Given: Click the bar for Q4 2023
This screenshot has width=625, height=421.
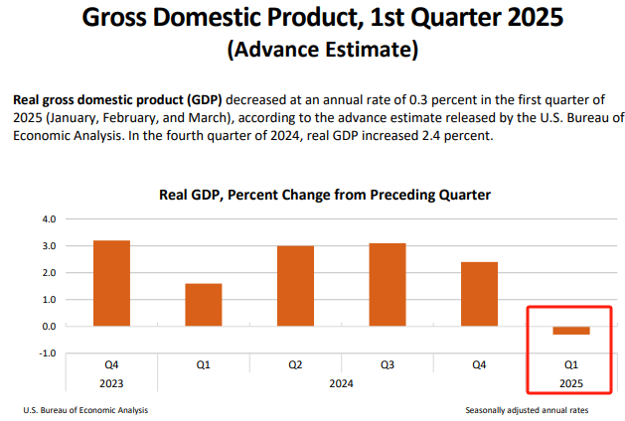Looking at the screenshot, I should pos(111,283).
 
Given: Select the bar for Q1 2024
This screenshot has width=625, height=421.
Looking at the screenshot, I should pos(203,305).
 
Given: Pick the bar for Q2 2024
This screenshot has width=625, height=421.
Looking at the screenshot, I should pos(295,286).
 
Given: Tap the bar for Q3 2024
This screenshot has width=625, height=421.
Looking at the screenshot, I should pos(387,285).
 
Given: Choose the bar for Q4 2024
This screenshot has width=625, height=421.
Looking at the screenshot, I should pos(479,294).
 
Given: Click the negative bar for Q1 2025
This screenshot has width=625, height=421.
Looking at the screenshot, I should pos(571,331).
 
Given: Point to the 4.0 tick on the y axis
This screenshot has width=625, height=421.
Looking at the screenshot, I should pos(48,218).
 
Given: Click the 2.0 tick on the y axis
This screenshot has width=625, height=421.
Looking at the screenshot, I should pos(48,272).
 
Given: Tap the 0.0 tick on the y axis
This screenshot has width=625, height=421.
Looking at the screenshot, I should pos(48,326).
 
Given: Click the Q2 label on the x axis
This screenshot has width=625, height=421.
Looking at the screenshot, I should pos(295,365).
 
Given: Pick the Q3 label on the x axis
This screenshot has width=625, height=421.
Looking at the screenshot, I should pos(387,365).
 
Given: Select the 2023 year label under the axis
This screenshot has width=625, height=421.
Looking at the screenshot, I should pos(111,382).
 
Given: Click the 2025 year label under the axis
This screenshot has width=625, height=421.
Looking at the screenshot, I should pos(571,382).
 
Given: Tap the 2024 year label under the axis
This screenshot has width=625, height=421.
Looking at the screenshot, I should pos(342,382).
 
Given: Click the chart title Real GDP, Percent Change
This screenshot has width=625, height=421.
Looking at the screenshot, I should pos(325,195).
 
